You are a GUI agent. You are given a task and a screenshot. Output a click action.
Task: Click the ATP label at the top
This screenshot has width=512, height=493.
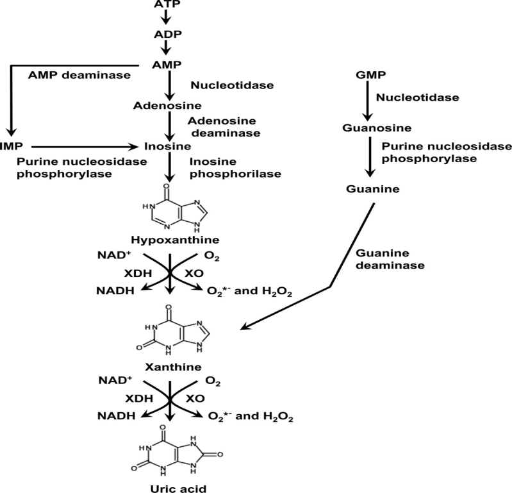pos(167,5)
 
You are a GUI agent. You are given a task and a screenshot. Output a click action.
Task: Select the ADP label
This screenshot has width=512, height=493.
pos(167,34)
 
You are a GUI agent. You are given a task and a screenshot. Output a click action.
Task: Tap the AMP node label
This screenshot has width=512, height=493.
pos(167,64)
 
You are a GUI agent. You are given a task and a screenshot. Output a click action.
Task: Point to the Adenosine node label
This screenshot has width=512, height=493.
pos(167,104)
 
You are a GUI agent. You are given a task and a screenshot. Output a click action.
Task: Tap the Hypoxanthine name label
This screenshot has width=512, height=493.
pos(167,239)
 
